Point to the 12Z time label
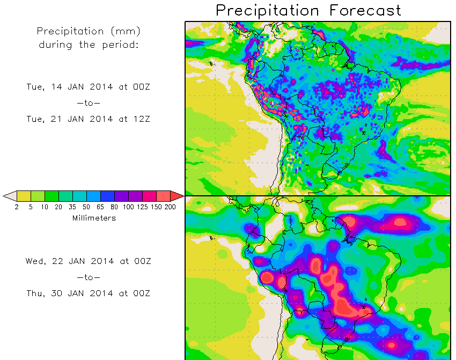coord(140,119)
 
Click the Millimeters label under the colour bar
coord(93,218)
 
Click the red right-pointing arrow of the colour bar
coord(177,196)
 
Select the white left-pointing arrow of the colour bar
coord(9,196)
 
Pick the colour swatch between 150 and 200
coord(163,196)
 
